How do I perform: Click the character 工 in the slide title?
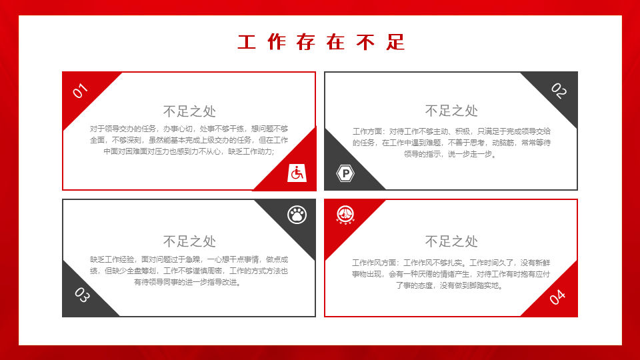pyautogui.click(x=247, y=43)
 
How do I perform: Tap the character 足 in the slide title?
pyautogui.click(x=396, y=43)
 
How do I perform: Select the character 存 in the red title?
pyautogui.click(x=306, y=43)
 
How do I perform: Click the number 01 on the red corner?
pyautogui.click(x=80, y=91)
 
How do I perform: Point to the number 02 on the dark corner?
pyautogui.click(x=559, y=91)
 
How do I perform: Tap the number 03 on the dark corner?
pyautogui.click(x=82, y=295)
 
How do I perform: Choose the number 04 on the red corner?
pyautogui.click(x=557, y=297)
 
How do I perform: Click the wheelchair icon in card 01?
pyautogui.click(x=297, y=173)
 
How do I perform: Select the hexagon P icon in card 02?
pyautogui.click(x=345, y=173)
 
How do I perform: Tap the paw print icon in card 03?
pyautogui.click(x=297, y=215)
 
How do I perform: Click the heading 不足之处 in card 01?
pyautogui.click(x=189, y=111)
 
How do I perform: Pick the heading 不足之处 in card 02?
pyautogui.click(x=451, y=111)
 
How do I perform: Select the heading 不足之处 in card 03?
pyautogui.click(x=189, y=241)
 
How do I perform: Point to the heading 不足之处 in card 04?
pyautogui.click(x=451, y=241)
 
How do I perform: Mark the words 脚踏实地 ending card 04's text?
pyautogui.click(x=484, y=286)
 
